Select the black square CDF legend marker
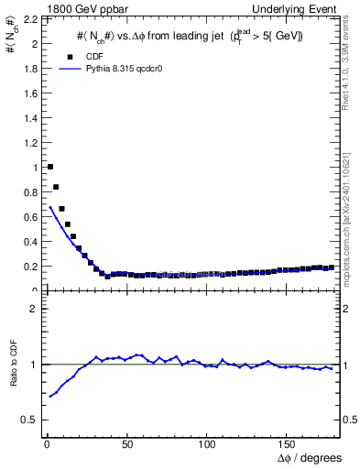pyautogui.click(x=70, y=55)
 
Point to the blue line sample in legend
pyautogui.click(x=70, y=68)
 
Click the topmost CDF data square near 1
pyautogui.click(x=49, y=167)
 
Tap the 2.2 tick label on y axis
pyautogui.click(x=29, y=18)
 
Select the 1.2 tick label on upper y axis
pyautogui.click(x=29, y=142)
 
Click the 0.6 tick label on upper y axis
pyautogui.click(x=29, y=216)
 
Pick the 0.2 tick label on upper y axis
pyautogui.click(x=29, y=266)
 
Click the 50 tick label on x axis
pyautogui.click(x=126, y=442)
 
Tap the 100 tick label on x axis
pyautogui.click(x=207, y=442)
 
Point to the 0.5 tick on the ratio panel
pyautogui.click(x=29, y=420)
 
